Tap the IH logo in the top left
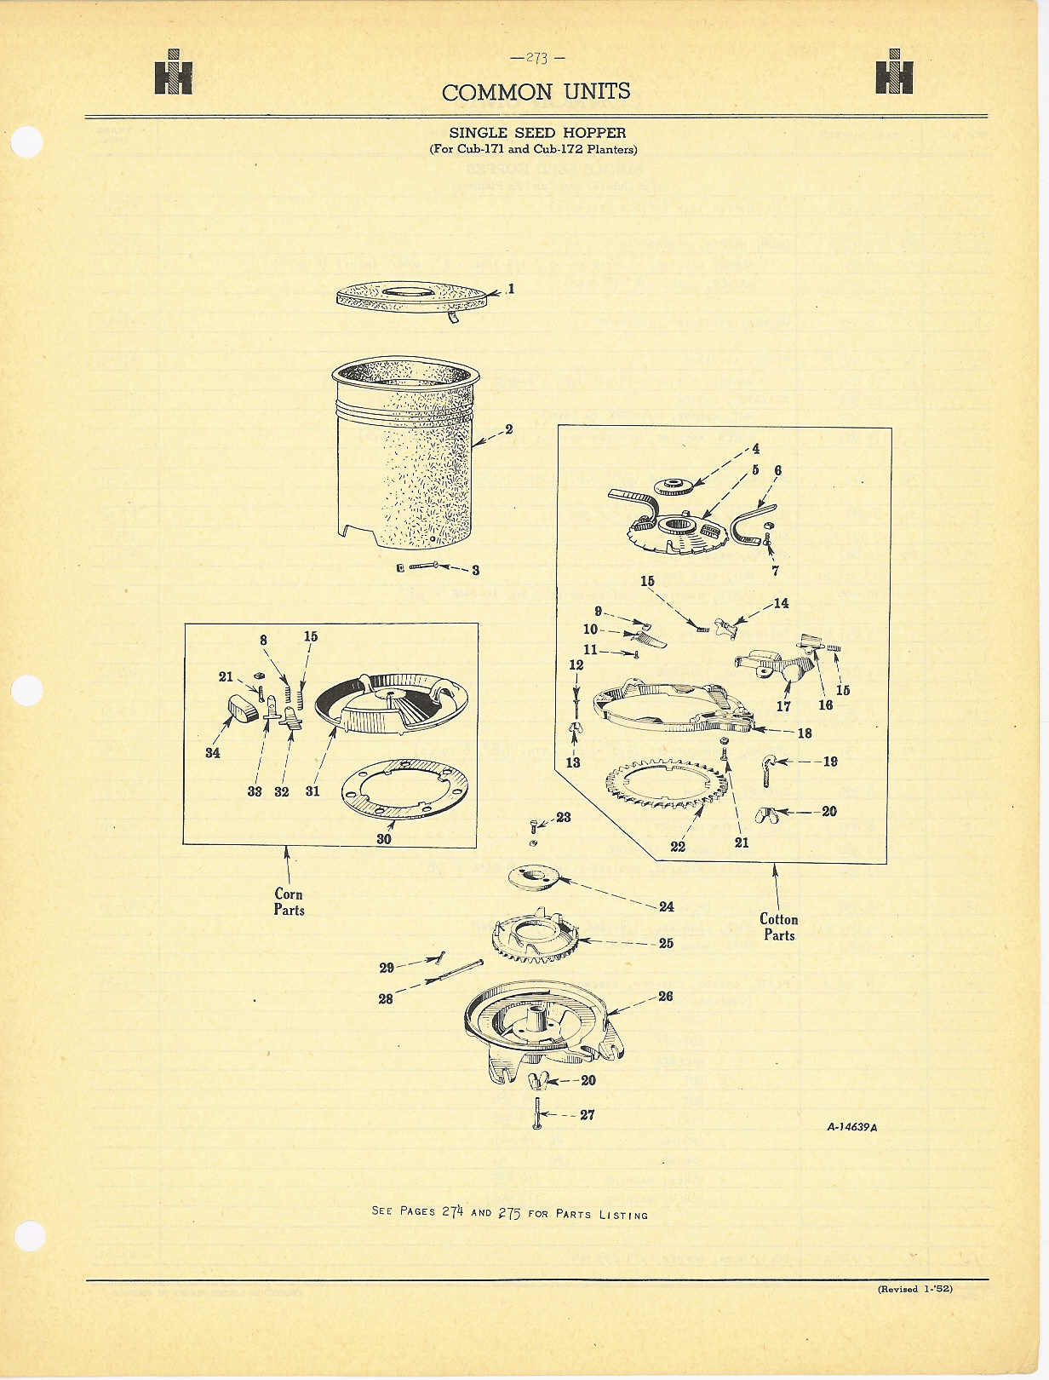(x=174, y=72)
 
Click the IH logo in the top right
(x=894, y=72)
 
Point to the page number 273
(x=537, y=58)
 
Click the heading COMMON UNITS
(x=536, y=92)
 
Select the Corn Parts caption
(x=289, y=901)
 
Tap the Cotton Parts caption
(x=779, y=927)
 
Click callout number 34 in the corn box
(x=213, y=752)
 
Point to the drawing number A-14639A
(x=851, y=1127)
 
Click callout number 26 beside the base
(x=665, y=996)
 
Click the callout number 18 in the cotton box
(x=804, y=733)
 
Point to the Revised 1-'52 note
(x=915, y=1289)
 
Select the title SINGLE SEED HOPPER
(x=537, y=133)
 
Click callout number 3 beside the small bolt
(x=475, y=570)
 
